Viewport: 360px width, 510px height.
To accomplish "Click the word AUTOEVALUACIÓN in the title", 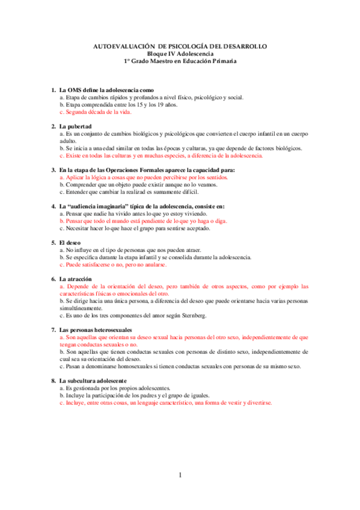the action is pyautogui.click(x=124, y=46).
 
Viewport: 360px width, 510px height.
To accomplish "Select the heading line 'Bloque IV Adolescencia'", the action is pyautogui.click(x=180, y=54).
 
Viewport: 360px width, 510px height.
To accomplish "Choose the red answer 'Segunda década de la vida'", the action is pyautogui.click(x=96, y=112).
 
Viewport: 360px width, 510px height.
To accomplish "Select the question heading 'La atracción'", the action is pyautogui.click(x=75, y=279).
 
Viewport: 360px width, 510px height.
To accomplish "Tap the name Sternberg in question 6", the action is pyautogui.click(x=194, y=315).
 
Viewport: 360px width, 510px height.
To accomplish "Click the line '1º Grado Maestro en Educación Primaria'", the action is pyautogui.click(x=180, y=61).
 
